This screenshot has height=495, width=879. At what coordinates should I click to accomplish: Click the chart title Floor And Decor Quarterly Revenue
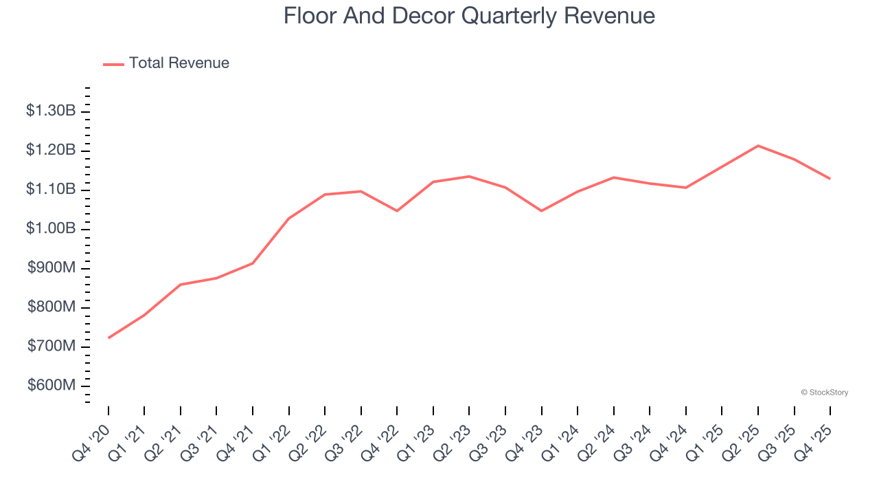point(469,16)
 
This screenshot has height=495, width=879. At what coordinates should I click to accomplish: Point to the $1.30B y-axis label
point(51,111)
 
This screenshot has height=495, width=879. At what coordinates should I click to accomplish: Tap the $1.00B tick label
point(51,228)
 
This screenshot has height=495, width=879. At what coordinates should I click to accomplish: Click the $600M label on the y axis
point(52,386)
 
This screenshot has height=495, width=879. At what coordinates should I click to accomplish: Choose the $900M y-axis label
point(52,268)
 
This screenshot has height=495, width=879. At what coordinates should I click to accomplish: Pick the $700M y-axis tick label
point(52,346)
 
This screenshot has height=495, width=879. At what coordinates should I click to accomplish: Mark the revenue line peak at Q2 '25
point(758,146)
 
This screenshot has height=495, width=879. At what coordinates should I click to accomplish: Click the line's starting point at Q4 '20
point(109,338)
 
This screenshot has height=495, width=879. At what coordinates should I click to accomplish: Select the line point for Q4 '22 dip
point(397,210)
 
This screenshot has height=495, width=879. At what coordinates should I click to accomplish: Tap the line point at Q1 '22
point(289,219)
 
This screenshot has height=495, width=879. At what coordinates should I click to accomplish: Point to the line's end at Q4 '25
point(830,179)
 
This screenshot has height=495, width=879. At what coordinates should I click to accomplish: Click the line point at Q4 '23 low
point(542,210)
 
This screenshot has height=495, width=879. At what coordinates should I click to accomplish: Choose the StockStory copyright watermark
point(824,393)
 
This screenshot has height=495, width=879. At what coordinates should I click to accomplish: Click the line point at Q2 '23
point(469,177)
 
